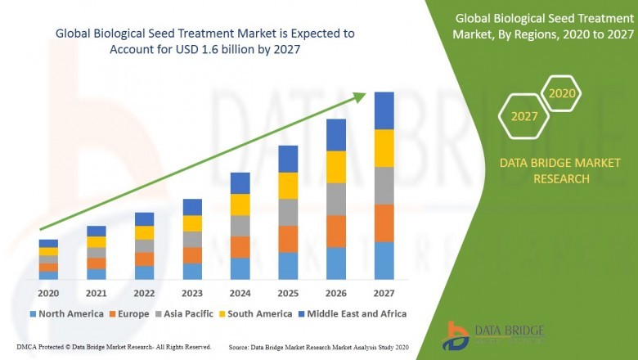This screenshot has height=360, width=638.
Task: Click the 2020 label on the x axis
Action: [48, 294]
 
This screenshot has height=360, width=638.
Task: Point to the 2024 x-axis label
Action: [240, 294]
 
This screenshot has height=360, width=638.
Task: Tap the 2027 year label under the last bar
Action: [384, 294]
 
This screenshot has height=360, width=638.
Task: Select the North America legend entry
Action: [66, 313]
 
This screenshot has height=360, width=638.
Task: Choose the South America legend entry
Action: [258, 313]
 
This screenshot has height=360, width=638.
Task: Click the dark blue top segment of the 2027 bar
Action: [384, 110]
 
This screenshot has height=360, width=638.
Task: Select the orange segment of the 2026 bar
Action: [335, 232]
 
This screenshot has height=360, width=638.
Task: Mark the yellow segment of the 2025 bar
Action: [288, 186]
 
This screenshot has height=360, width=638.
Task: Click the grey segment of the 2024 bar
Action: [240, 226]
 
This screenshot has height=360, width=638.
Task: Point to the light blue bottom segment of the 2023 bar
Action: [192, 271]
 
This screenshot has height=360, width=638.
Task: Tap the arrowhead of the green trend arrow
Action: [360, 97]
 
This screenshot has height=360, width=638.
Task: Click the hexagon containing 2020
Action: [562, 94]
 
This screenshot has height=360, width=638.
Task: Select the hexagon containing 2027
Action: [524, 116]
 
